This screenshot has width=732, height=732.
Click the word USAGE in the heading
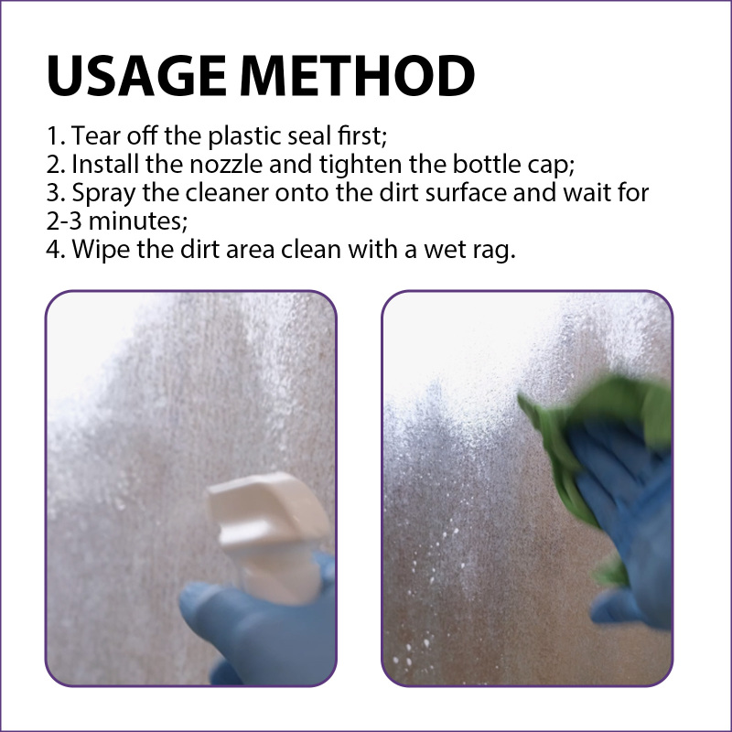click(x=136, y=76)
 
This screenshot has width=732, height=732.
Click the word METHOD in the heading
click(x=357, y=76)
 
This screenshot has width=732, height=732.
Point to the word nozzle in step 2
click(x=226, y=165)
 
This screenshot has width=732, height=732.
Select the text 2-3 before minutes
click(x=64, y=221)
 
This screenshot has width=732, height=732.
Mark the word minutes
click(x=138, y=221)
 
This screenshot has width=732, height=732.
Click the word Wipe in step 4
click(x=101, y=250)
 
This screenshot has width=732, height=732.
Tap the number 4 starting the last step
click(x=53, y=250)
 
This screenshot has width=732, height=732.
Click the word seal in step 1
click(x=308, y=135)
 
